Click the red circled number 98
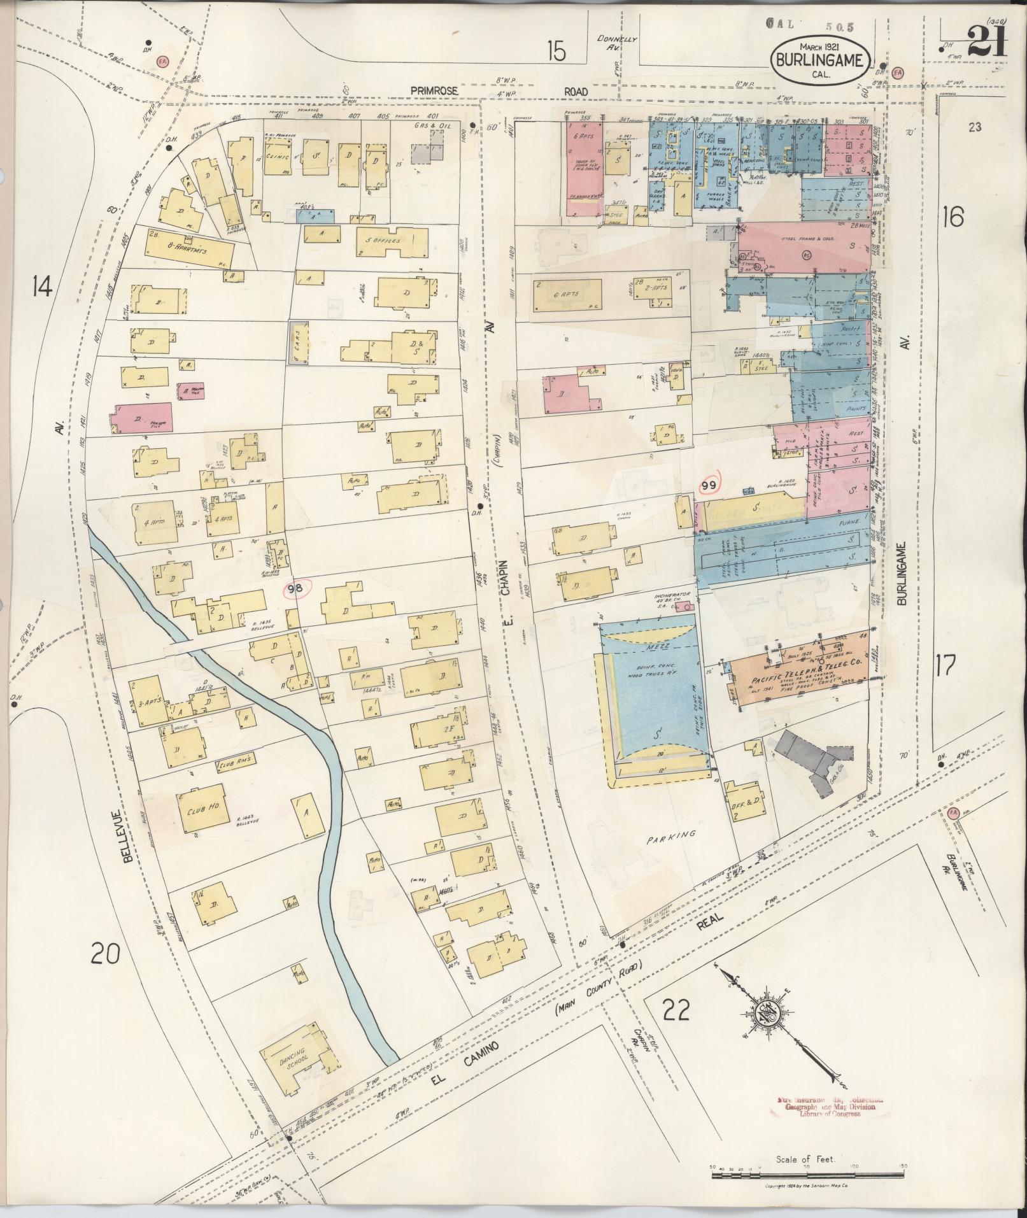295,589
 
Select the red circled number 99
709,486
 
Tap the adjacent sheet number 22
675,1010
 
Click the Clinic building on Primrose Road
279,157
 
